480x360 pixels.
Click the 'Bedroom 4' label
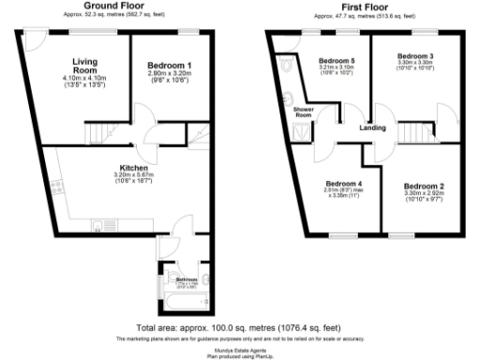click(342, 183)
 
